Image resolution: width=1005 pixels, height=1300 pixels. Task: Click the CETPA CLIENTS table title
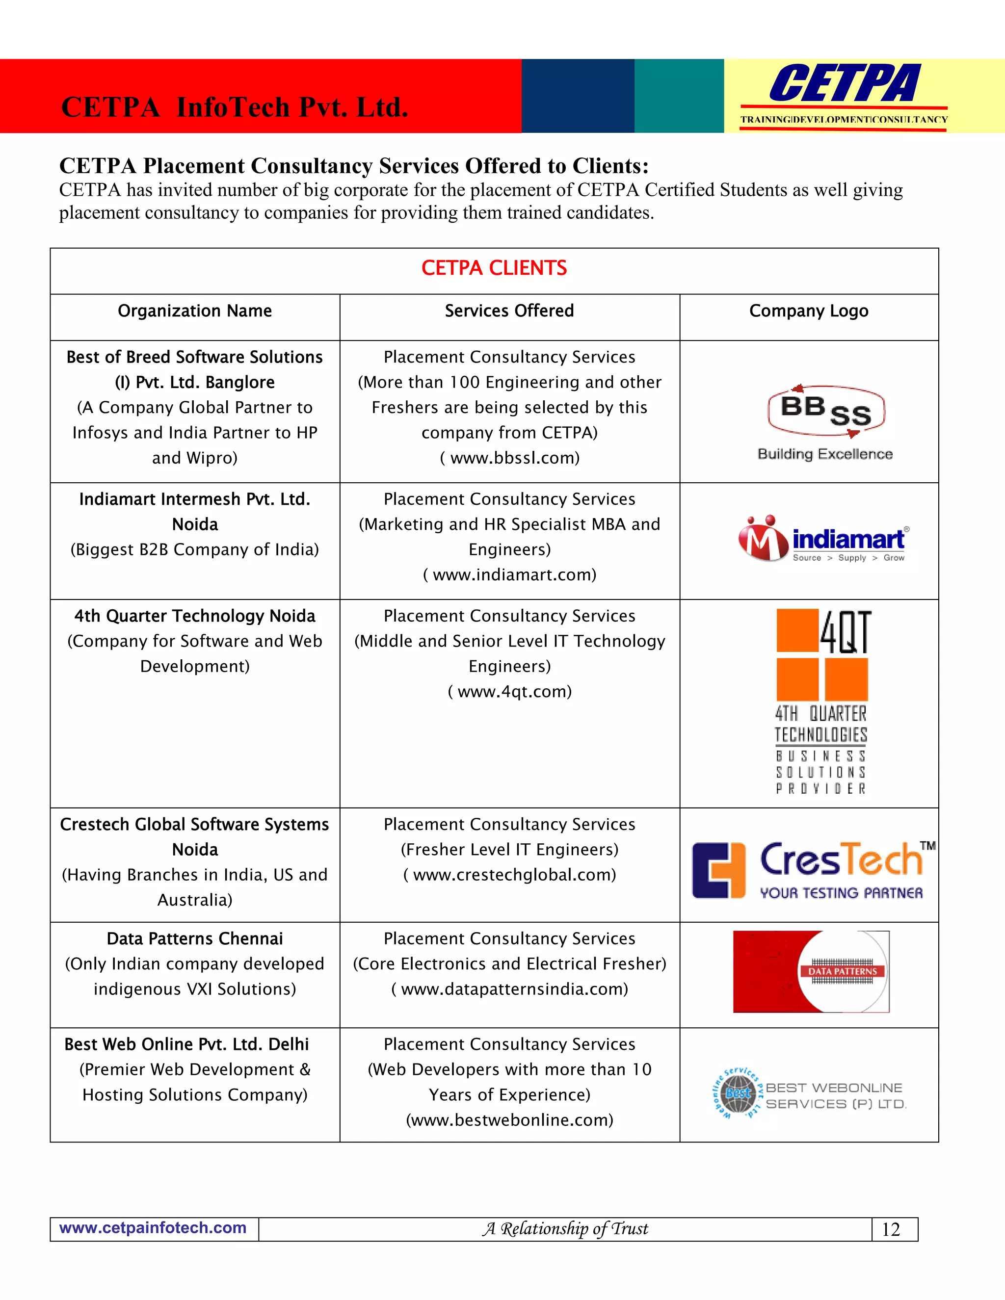point(494,268)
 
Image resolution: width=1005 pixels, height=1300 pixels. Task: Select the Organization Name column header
point(195,311)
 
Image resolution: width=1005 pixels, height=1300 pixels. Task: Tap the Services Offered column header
point(509,311)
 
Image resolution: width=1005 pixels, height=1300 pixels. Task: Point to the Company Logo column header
point(809,311)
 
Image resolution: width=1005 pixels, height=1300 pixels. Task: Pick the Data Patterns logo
point(811,971)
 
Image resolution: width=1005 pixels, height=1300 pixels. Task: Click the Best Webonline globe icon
point(738,1093)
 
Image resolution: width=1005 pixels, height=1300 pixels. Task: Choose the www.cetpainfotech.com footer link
point(153,1228)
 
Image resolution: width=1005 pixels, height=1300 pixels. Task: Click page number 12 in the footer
point(891,1229)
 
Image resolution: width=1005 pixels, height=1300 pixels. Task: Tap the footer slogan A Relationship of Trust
point(565,1228)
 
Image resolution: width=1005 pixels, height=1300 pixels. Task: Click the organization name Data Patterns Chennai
point(195,938)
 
